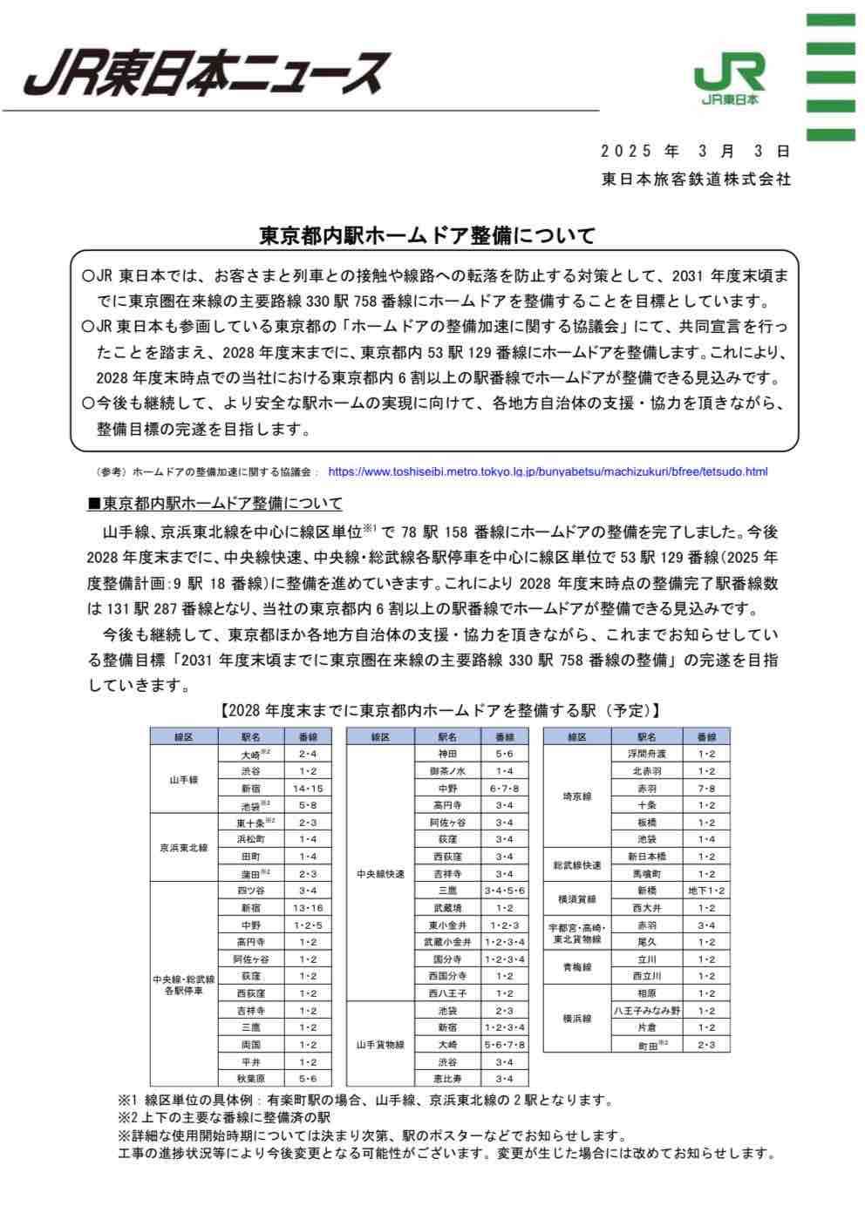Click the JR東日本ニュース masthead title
[205, 71]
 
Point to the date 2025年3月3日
[695, 151]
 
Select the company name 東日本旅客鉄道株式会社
[696, 179]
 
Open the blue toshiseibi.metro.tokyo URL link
[548, 472]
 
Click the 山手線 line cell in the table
[183, 779]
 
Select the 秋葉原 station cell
[251, 1079]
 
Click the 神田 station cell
[447, 754]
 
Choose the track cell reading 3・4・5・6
[505, 891]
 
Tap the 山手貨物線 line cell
[380, 1044]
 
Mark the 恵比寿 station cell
[447, 1079]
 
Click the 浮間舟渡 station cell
[646, 754]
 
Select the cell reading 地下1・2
[705, 891]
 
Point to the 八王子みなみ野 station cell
[646, 1011]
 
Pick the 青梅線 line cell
[576, 967]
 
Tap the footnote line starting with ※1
[366, 1101]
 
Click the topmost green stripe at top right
[829, 22]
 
